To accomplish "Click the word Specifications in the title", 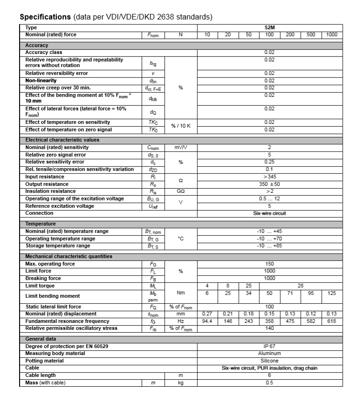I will [x=45, y=17].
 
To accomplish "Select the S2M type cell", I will [x=269, y=27].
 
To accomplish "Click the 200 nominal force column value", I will [x=290, y=34].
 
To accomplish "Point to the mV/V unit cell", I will [x=181, y=147].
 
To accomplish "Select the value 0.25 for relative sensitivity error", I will [x=269, y=162].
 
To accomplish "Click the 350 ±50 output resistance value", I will [x=269, y=184].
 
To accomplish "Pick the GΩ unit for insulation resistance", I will [x=181, y=192].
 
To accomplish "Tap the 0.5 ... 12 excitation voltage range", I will [x=269, y=199].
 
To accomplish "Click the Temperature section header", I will [x=41, y=224].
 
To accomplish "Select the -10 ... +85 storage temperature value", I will [x=269, y=246].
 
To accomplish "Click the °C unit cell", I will [x=181, y=239].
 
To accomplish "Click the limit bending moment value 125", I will [x=332, y=294].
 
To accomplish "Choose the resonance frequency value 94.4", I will [x=208, y=321].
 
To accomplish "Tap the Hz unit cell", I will [x=181, y=321].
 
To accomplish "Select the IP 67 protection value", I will [x=269, y=346].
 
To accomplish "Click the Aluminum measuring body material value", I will [x=269, y=353].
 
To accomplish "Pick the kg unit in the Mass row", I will [x=181, y=383].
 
